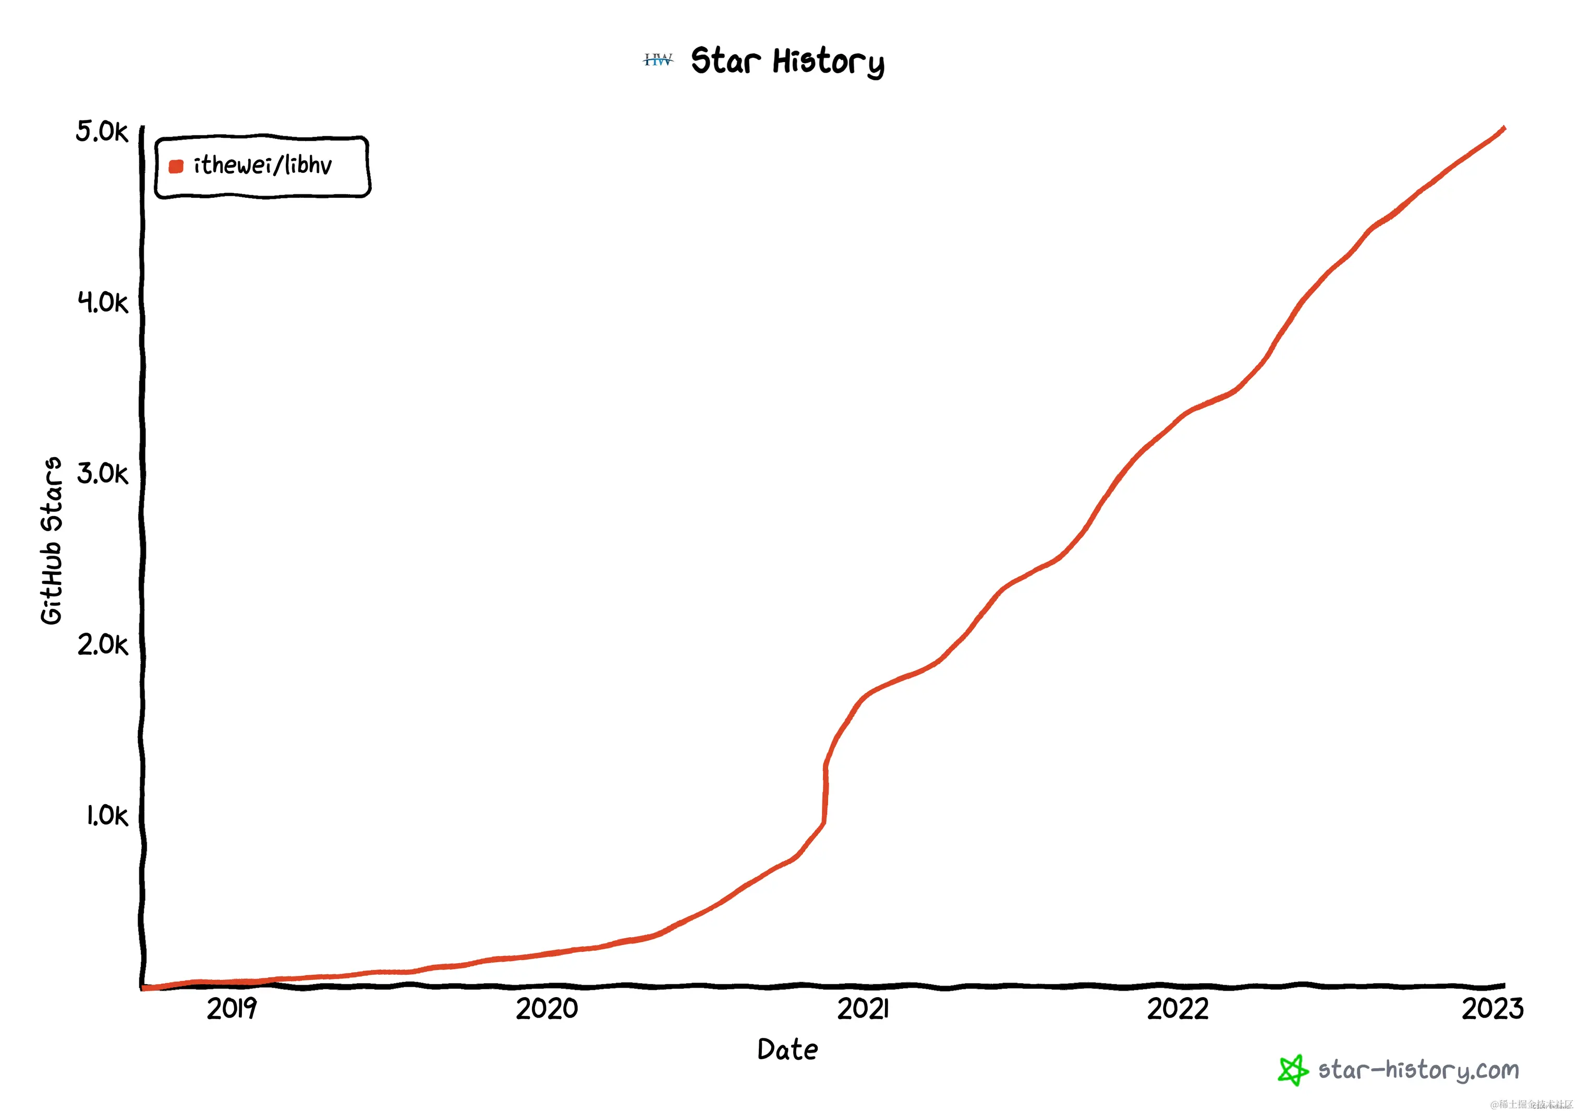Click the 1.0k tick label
pos(106,816)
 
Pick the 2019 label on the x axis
pos(232,1009)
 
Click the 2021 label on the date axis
pos(863,1009)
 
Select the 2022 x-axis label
pos(1178,1009)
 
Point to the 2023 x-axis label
pos(1492,1009)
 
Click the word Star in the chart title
pos(725,61)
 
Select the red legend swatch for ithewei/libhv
pos(176,166)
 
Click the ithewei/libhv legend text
pos(263,165)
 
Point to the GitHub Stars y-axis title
pos(52,541)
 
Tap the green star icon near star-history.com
pos(1293,1070)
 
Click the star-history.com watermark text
pos(1418,1070)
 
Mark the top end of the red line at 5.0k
pos(1504,128)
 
